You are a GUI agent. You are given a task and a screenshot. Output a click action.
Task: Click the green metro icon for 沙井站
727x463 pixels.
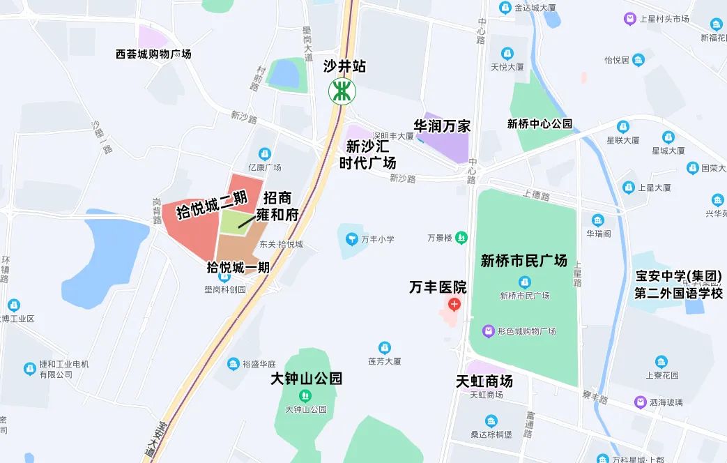(x=342, y=91)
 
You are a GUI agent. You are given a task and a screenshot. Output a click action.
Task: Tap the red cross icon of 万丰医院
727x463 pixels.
(x=454, y=305)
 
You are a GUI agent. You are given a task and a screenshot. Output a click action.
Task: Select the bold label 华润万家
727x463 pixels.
(x=442, y=126)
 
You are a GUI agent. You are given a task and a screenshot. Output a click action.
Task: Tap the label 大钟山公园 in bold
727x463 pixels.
(x=306, y=379)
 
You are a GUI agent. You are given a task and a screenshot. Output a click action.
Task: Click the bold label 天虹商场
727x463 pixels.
(x=484, y=381)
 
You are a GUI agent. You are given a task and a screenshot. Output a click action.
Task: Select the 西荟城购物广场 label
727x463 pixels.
(x=153, y=54)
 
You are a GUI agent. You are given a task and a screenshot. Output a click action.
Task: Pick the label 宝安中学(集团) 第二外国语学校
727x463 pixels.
(x=678, y=284)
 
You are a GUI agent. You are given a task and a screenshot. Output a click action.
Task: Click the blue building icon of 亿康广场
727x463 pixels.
(x=264, y=154)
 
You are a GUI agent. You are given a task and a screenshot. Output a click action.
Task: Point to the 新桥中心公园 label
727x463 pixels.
(x=539, y=124)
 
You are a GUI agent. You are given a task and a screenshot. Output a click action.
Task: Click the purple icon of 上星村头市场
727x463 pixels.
(x=630, y=19)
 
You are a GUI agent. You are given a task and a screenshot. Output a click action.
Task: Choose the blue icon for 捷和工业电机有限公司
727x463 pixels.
(x=29, y=368)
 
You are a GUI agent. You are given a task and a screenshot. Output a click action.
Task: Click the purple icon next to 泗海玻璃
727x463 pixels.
(x=640, y=402)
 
